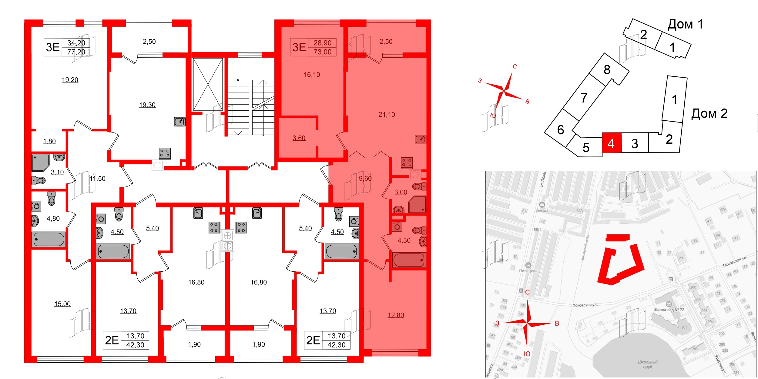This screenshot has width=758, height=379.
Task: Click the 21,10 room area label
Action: coord(387,115)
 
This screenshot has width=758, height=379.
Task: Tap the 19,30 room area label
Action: coord(147,105)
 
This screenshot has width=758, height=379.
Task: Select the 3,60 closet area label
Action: coord(299,138)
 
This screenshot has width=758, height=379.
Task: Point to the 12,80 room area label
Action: coord(396,315)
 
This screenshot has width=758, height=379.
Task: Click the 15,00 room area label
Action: coord(62,304)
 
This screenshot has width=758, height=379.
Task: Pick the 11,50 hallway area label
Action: coord(97,179)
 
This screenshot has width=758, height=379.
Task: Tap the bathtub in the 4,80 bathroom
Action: coord(49,239)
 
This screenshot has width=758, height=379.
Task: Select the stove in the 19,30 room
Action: coord(165,153)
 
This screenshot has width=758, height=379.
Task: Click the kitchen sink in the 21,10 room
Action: coord(421,139)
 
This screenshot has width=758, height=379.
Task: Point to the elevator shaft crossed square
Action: coord(208,84)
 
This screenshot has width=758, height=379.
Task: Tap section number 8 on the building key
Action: coord(607,70)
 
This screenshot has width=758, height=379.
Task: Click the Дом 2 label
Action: coord(709,114)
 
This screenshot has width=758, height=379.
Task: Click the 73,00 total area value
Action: coord(322,52)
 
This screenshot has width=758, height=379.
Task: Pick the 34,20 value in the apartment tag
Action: coord(76,43)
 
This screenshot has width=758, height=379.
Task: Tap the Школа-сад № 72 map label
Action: coord(669,310)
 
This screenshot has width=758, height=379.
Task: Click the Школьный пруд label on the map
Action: coord(648,364)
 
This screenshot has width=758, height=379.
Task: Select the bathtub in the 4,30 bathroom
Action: coord(409,260)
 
